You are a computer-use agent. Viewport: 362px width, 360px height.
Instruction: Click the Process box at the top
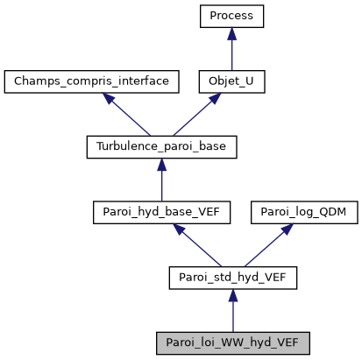231,16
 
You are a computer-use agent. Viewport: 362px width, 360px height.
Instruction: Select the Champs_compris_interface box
91,81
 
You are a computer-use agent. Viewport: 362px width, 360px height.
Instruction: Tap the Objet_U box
231,81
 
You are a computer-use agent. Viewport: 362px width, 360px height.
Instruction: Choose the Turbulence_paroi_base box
161,147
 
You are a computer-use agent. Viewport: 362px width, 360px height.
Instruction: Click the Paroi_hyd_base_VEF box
161,213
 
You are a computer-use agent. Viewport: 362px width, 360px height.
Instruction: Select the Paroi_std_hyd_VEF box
232,279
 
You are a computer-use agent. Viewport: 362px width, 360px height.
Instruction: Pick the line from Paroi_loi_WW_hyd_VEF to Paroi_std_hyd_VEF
232,314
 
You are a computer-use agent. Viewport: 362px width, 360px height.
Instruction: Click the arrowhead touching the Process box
231,33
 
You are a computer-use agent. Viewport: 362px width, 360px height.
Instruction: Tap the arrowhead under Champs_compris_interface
110,99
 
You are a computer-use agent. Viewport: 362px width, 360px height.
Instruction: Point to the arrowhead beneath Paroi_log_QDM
284,230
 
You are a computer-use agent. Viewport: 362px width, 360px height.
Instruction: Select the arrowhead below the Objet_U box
213,99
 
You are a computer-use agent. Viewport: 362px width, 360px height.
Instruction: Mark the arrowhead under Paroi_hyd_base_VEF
181,230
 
